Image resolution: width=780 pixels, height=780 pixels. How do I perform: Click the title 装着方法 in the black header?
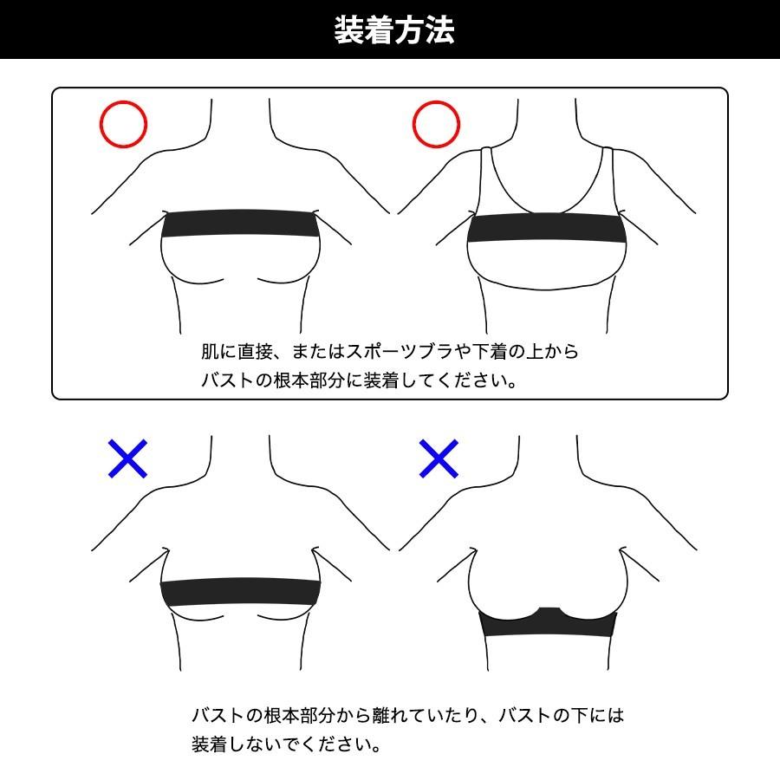(x=394, y=30)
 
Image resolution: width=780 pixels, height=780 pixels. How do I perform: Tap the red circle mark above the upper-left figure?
(x=123, y=124)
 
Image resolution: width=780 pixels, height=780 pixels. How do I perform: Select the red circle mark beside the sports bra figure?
(x=435, y=124)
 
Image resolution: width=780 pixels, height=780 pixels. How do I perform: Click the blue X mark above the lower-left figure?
(x=127, y=458)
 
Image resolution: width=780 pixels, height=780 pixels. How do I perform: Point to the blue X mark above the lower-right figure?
(x=439, y=458)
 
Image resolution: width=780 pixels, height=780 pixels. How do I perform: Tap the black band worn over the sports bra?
(x=546, y=231)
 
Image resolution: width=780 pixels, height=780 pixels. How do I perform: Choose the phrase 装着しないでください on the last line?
(x=285, y=744)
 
